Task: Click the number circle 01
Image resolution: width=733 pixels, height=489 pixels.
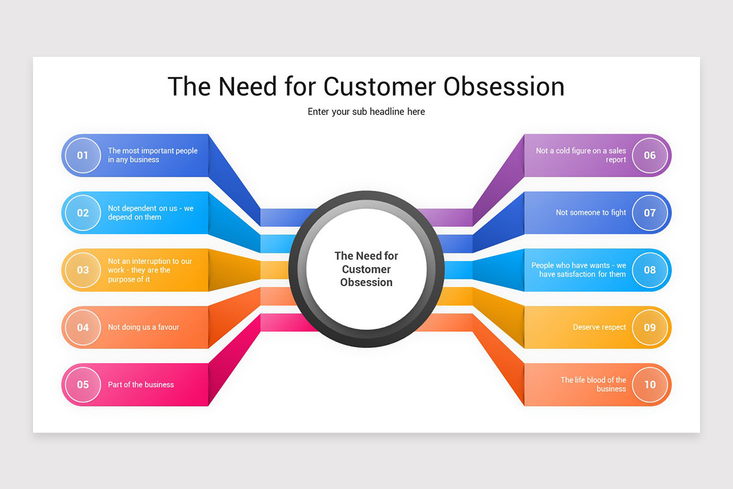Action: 82,155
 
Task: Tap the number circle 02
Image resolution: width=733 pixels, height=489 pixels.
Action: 82,213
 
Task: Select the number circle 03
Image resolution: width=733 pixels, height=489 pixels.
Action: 82,270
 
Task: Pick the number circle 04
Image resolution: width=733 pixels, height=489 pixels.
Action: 82,328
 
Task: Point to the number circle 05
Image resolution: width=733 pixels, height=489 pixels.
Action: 82,385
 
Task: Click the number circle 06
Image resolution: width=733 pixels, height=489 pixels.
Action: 650,155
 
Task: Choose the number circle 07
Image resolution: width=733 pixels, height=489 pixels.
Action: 650,213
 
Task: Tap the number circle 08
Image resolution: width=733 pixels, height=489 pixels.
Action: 650,270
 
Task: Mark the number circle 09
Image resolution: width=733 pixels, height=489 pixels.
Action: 650,328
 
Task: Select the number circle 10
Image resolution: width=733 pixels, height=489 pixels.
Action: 650,385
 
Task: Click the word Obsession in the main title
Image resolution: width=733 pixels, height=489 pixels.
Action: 504,87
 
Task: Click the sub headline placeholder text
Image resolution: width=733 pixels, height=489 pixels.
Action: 366,112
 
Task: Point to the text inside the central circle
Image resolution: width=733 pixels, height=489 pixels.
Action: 366,269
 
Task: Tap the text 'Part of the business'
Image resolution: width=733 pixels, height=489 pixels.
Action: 141,385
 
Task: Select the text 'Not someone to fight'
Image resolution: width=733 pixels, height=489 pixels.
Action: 591,213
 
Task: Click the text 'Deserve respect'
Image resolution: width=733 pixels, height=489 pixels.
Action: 599,328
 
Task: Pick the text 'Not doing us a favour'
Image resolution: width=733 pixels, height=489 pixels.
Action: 144,328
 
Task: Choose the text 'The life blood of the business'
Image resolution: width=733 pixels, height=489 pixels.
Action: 593,384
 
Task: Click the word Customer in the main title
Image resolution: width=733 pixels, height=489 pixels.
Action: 380,87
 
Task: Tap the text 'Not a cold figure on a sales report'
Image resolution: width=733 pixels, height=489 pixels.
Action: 581,155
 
